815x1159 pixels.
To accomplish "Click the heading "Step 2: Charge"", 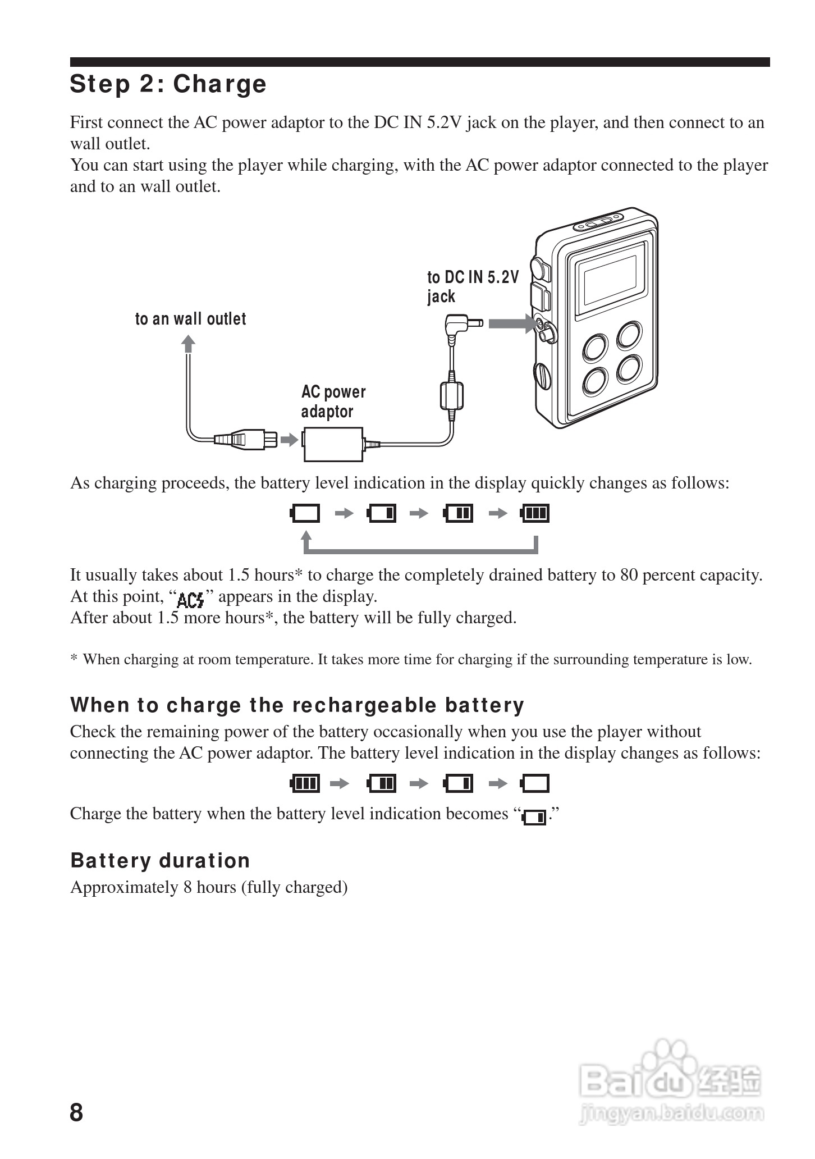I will pyautogui.click(x=168, y=84).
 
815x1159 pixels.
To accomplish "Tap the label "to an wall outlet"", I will pyautogui.click(x=190, y=319).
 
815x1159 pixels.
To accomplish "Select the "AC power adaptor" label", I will pyautogui.click(x=333, y=401).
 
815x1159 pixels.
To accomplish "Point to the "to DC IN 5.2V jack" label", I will pyautogui.click(x=472, y=286).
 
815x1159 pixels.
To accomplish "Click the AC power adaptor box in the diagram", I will pyautogui.click(x=333, y=444).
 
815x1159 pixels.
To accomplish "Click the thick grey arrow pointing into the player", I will pyautogui.click(x=511, y=323).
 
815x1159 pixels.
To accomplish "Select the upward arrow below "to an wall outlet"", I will pyautogui.click(x=189, y=343).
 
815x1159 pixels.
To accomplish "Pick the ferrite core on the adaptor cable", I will pyautogui.click(x=452, y=395).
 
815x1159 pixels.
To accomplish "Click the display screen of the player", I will pyautogui.click(x=610, y=280).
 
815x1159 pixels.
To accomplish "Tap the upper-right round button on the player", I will pyautogui.click(x=630, y=336).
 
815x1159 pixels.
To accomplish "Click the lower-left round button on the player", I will pyautogui.click(x=595, y=381).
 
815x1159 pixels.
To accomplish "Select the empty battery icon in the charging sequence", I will pyautogui.click(x=305, y=513).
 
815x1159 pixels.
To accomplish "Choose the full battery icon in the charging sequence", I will pyautogui.click(x=535, y=513).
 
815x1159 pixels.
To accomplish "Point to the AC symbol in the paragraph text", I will pyautogui.click(x=190, y=600).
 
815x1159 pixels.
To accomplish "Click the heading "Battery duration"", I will pyautogui.click(x=160, y=861).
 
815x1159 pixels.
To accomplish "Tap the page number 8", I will pyautogui.click(x=76, y=1112).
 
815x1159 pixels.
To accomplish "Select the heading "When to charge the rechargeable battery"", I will pyautogui.click(x=297, y=705).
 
